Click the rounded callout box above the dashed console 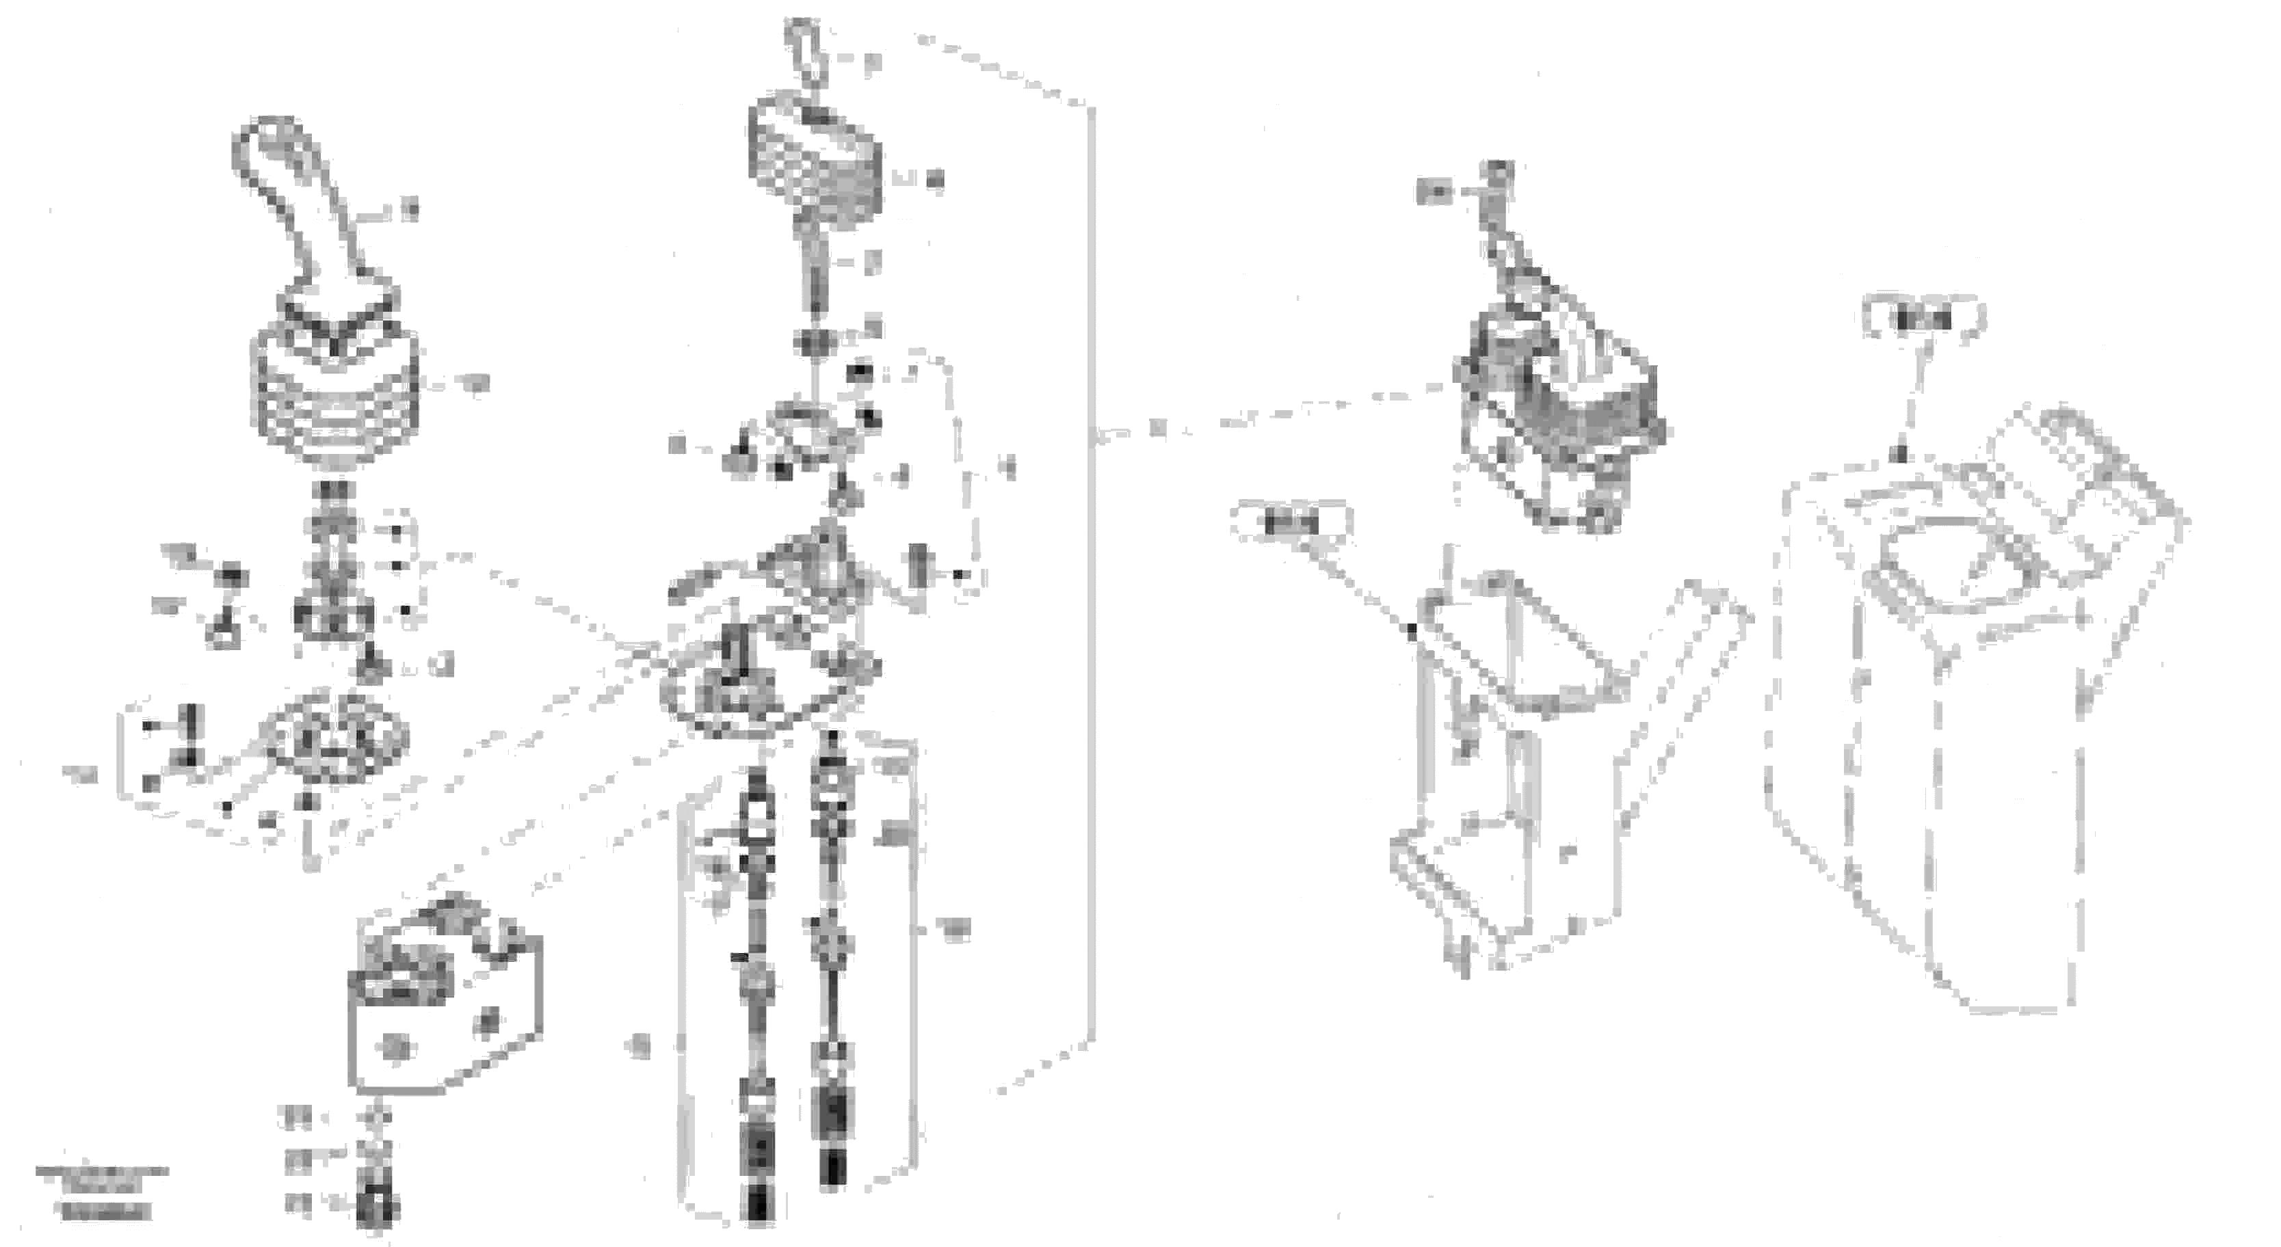click(1923, 319)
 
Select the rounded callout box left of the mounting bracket click(1291, 523)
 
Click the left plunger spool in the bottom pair click(758, 991)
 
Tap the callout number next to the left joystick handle click(409, 211)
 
